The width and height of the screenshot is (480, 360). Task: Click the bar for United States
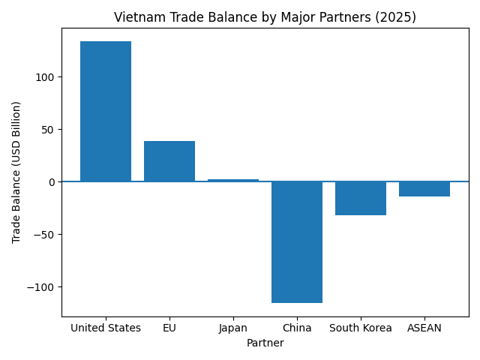tap(106, 111)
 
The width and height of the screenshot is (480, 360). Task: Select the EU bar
tap(169, 161)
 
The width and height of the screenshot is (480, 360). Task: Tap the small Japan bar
tap(233, 180)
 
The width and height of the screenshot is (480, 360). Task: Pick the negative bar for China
tap(297, 241)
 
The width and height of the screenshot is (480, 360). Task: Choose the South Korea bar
tap(361, 198)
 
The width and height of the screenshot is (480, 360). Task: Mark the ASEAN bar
tap(424, 189)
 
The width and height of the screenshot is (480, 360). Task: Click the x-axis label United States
tap(106, 328)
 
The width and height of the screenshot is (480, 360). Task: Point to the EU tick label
tap(169, 328)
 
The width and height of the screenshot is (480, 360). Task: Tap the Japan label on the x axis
tap(233, 328)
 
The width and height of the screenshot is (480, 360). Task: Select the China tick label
tap(297, 328)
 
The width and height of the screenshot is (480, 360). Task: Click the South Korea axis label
tap(361, 328)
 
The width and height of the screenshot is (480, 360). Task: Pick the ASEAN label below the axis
tap(424, 328)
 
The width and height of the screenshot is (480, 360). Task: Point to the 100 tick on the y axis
tap(46, 77)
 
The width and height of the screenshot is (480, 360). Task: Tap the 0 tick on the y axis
tap(52, 182)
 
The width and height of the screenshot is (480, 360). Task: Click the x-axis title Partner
tap(265, 343)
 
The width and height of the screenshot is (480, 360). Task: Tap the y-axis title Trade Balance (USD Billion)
tap(16, 172)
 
